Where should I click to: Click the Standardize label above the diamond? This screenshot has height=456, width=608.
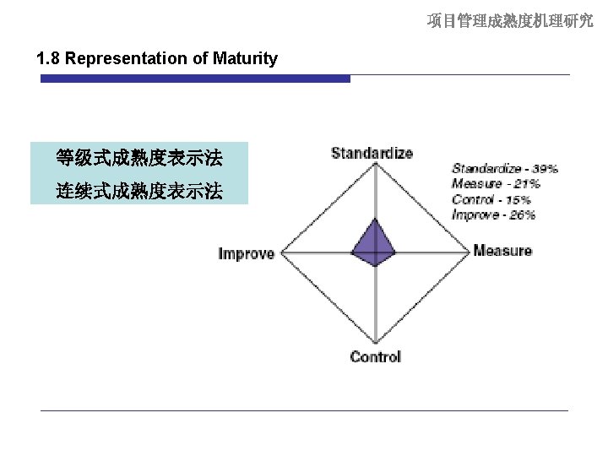372,153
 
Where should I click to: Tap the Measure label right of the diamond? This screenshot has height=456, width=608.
502,251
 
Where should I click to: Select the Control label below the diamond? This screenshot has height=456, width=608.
375,356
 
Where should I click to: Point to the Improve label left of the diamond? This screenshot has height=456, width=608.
247,253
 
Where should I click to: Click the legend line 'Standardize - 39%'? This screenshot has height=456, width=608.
504,169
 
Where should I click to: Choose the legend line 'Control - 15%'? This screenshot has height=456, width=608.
491,199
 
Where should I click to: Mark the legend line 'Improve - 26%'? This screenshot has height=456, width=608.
493,214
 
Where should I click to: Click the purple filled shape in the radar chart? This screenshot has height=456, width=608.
374,245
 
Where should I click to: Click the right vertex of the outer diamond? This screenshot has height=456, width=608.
469,252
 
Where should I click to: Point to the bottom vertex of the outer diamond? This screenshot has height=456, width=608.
375,342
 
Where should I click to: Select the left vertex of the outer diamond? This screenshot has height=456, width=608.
281,252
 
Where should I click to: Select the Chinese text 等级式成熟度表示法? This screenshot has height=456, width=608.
139,158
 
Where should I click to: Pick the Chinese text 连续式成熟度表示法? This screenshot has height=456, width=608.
139,192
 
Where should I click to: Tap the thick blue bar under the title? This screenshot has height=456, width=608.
195,79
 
